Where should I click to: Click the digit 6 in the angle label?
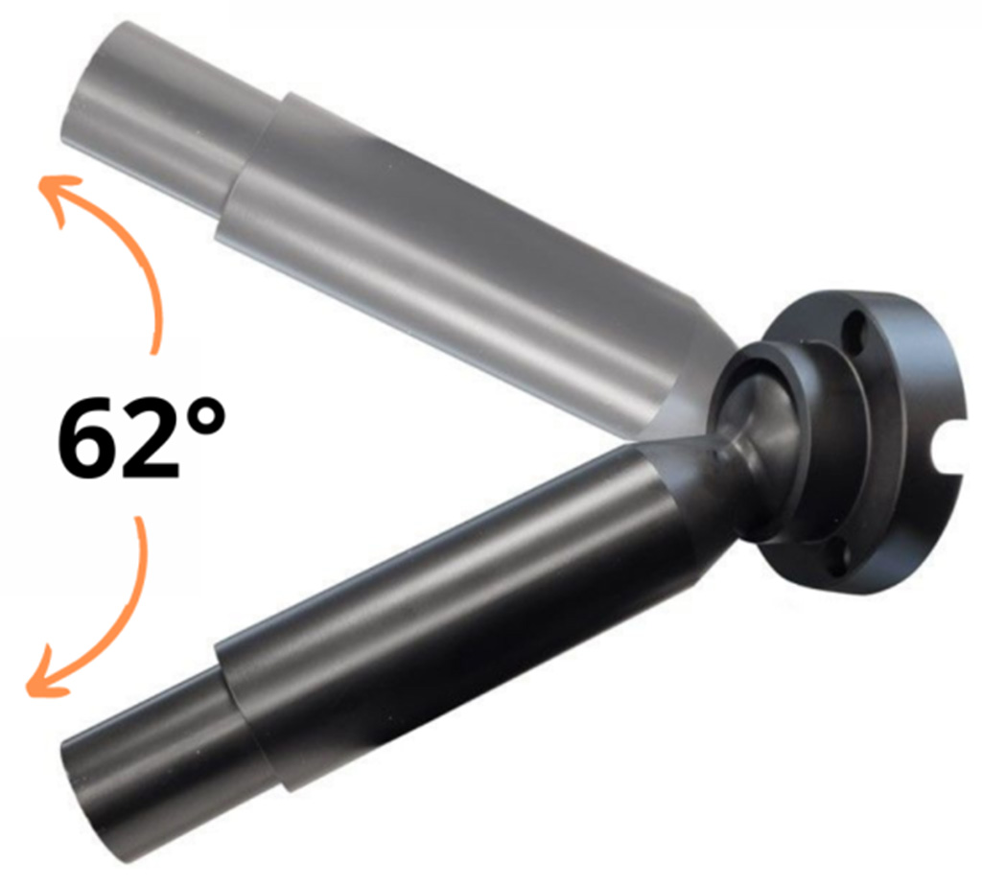tap(88, 436)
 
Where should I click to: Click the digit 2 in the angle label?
tap(152, 437)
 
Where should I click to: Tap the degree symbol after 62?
tap(204, 417)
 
